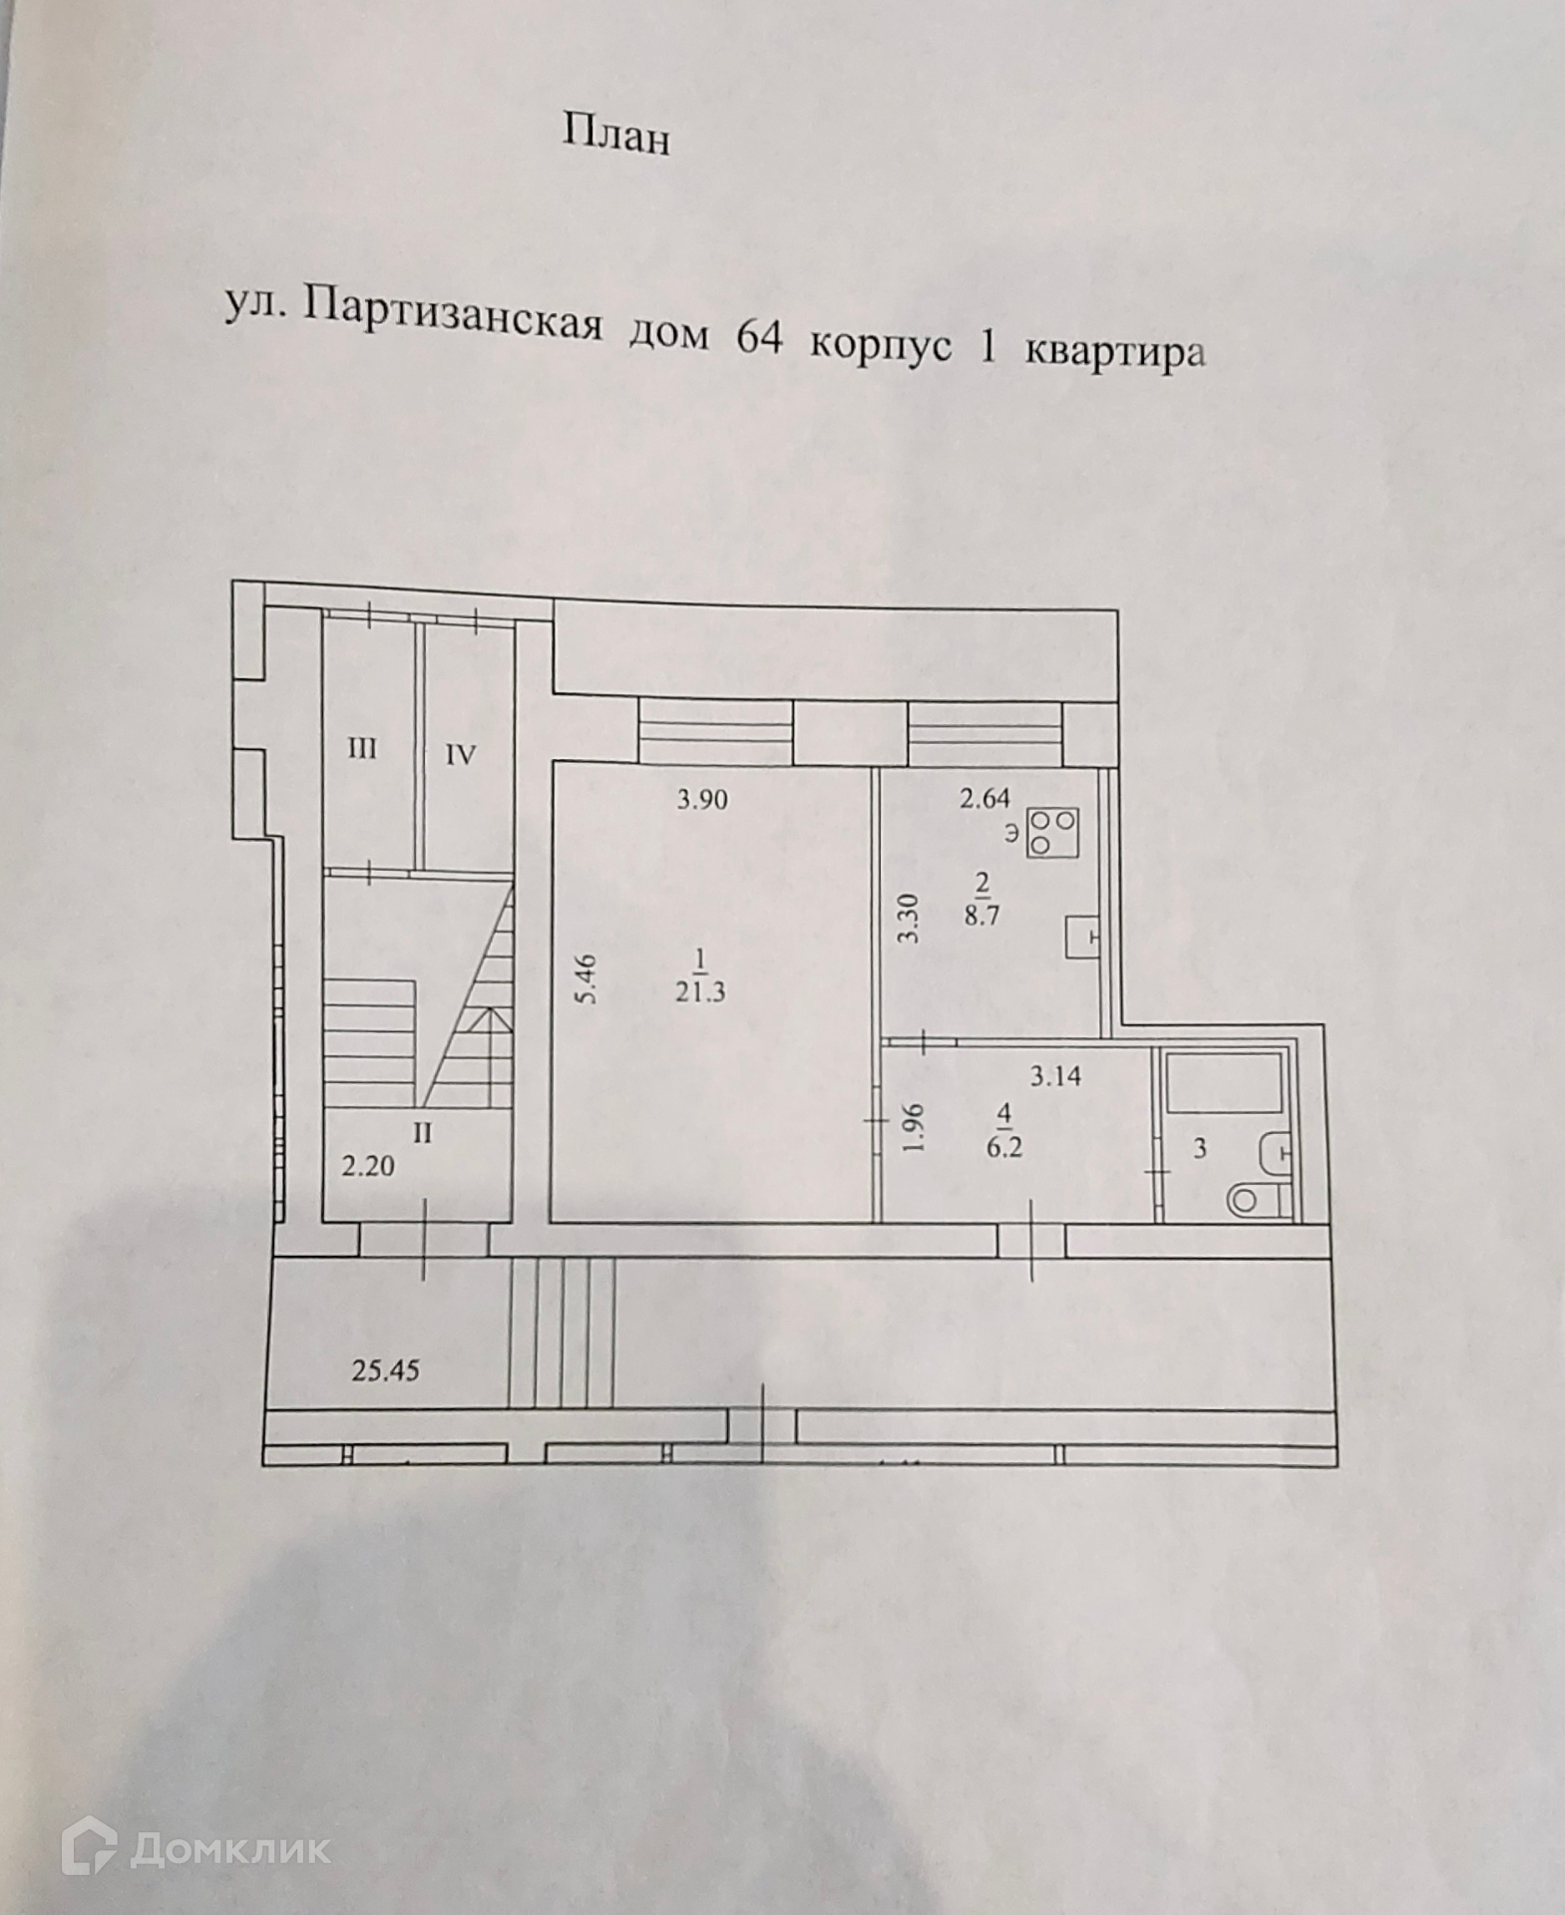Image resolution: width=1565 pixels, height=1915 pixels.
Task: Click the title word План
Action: [x=615, y=135]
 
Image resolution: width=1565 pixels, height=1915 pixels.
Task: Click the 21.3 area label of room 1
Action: [x=699, y=992]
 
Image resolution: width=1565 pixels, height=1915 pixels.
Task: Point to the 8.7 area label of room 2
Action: [x=981, y=915]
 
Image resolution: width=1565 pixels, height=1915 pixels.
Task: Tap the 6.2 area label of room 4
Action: [x=1004, y=1147]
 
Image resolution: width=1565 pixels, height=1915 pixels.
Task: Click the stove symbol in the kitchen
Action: [x=1053, y=832]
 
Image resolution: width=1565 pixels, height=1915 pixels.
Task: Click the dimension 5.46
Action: [x=587, y=978]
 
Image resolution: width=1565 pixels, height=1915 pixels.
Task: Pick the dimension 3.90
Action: [x=702, y=799]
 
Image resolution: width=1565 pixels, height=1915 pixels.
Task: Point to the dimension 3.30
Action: [x=908, y=919]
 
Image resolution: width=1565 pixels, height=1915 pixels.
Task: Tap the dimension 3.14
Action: [x=1055, y=1076]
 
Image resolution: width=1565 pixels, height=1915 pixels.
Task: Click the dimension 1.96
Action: [x=913, y=1126]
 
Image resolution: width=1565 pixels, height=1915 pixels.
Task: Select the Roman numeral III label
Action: [x=361, y=748]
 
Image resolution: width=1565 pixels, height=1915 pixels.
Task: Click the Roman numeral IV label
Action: [x=460, y=755]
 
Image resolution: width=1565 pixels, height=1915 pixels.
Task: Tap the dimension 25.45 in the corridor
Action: [x=385, y=1370]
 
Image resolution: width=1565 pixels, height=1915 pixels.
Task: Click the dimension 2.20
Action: [x=368, y=1165]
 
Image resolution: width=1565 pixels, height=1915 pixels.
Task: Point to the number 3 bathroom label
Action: [x=1200, y=1148]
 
